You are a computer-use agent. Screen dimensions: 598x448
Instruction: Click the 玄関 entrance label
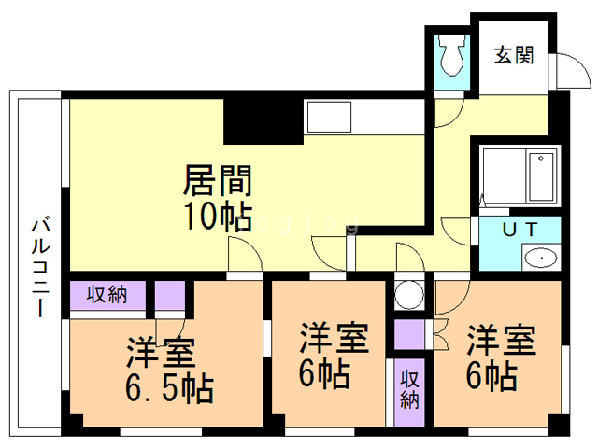(x=513, y=55)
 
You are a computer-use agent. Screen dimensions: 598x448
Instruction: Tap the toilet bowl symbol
(x=452, y=55)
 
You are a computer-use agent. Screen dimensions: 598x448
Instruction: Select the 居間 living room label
(x=218, y=180)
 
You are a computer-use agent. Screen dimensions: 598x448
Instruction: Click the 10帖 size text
(x=218, y=217)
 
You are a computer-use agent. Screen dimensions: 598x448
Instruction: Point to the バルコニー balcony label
(x=40, y=267)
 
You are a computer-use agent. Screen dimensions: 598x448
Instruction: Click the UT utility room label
(x=520, y=230)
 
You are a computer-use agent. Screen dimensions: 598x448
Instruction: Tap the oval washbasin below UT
(x=541, y=258)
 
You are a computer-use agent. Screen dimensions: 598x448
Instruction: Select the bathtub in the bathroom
(x=541, y=176)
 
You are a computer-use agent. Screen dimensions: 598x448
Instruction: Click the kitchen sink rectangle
(x=329, y=117)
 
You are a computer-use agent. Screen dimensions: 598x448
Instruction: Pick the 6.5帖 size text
(x=169, y=388)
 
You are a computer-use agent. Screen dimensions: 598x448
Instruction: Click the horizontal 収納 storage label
(x=107, y=295)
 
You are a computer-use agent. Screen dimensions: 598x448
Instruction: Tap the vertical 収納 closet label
(x=409, y=389)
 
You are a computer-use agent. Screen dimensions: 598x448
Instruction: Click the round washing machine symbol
(x=409, y=295)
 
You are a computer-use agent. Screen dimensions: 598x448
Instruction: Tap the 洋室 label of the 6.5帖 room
(x=161, y=353)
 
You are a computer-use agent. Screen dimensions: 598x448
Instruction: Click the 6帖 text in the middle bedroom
(x=324, y=374)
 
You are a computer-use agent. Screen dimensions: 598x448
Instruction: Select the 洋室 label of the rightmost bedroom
(x=501, y=340)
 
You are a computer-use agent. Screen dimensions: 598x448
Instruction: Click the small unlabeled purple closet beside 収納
(x=170, y=295)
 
